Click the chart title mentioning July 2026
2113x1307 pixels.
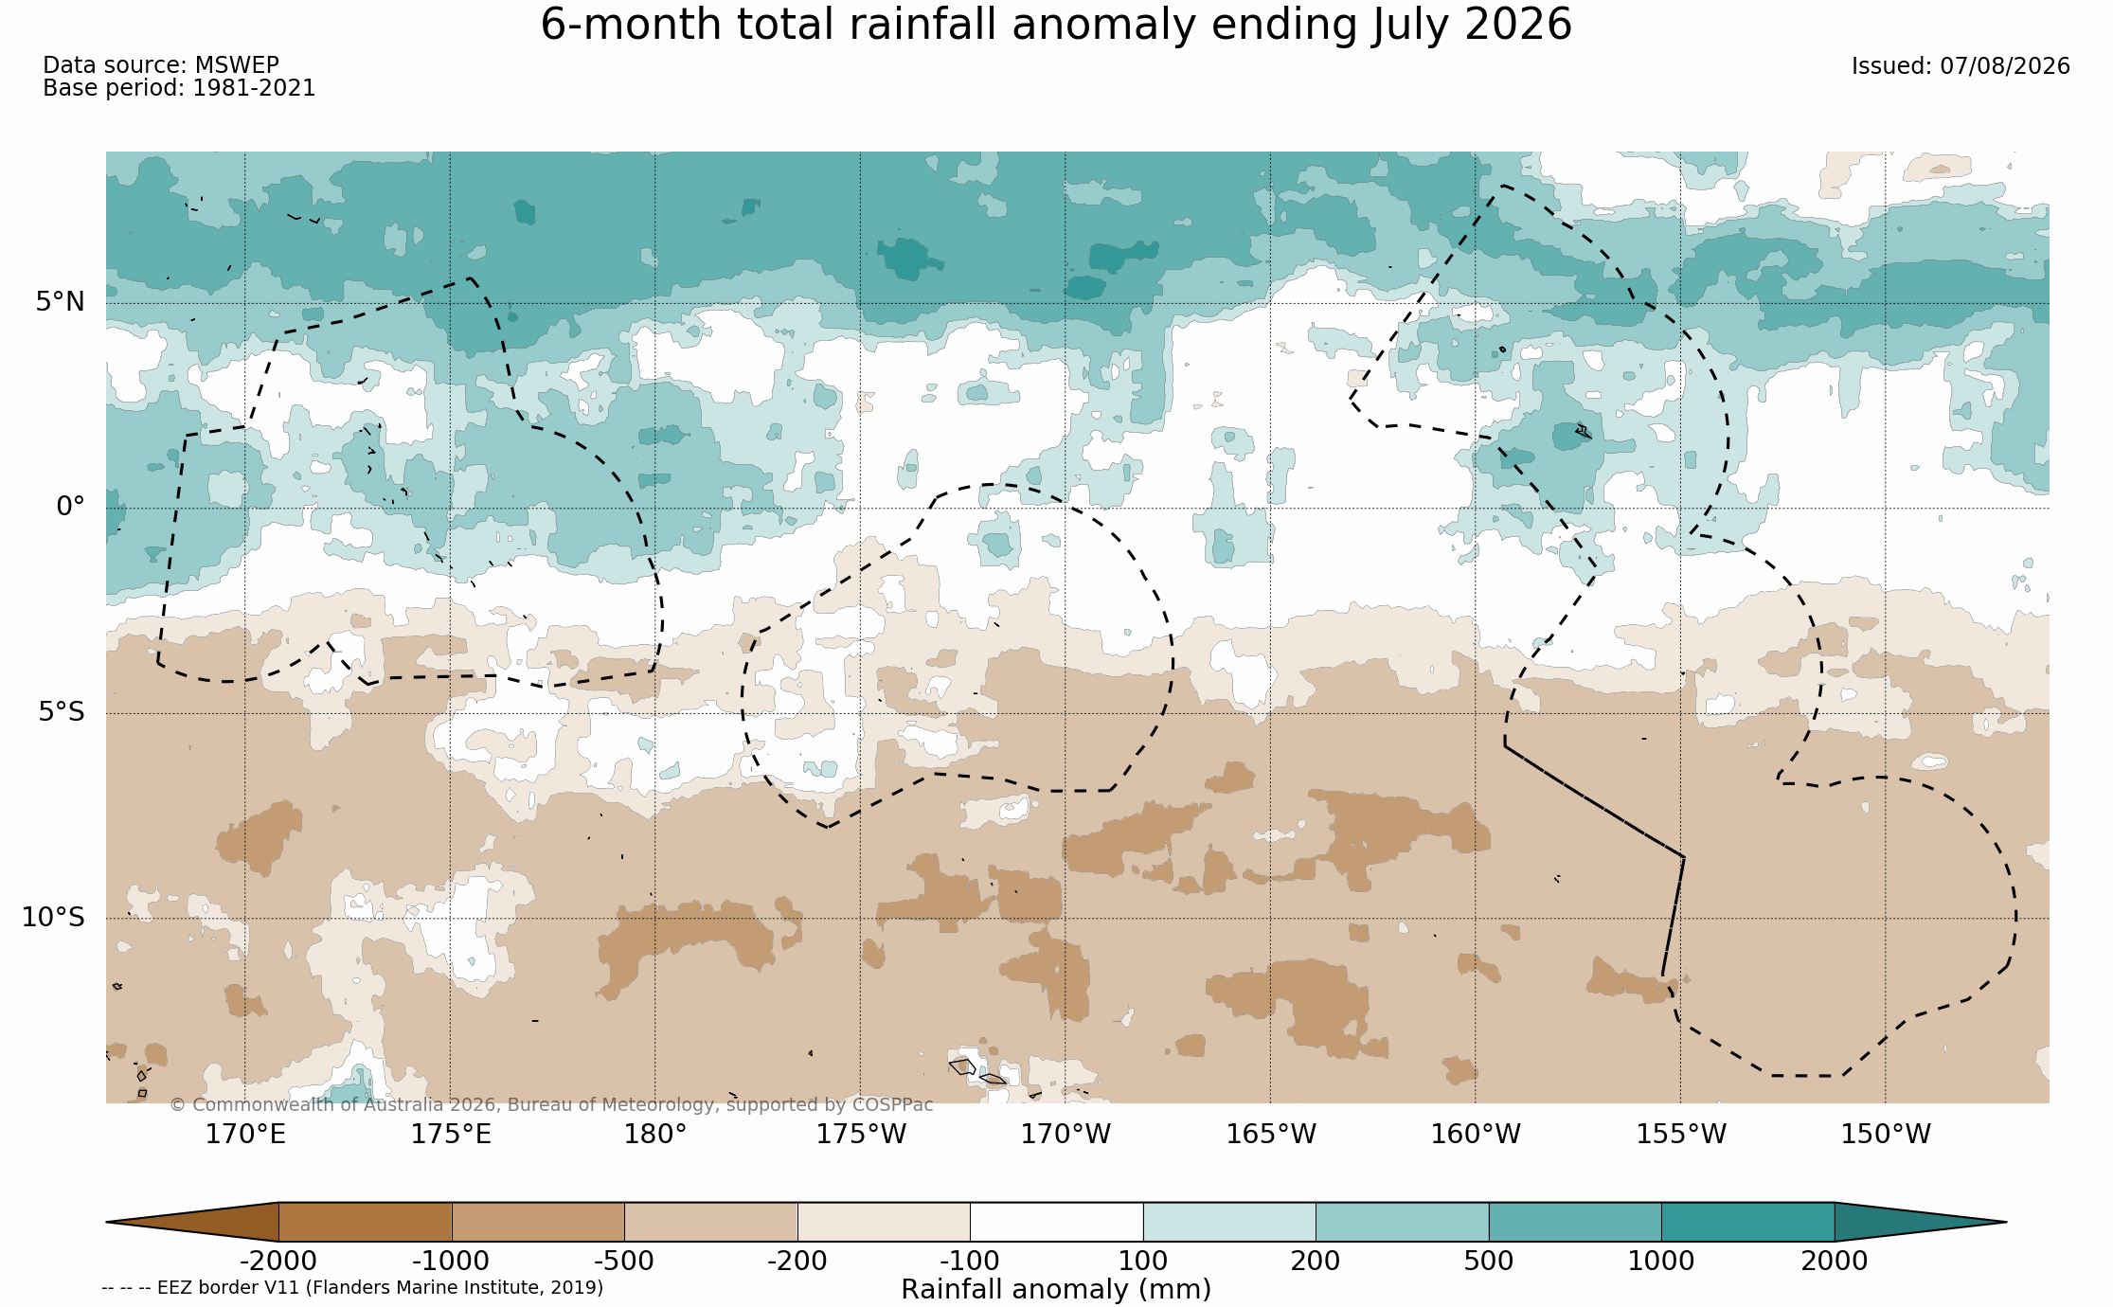pos(1056,25)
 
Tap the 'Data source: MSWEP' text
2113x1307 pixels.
pos(161,65)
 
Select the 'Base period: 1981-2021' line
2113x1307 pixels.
pos(179,88)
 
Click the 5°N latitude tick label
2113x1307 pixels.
pos(61,302)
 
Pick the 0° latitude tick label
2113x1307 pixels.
pos(70,507)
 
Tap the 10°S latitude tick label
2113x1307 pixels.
pos(53,917)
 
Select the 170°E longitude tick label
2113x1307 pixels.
pos(245,1134)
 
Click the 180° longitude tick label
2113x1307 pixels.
pos(654,1134)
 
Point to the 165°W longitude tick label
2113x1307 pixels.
pos(1271,1134)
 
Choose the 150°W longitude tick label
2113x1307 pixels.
pos(1886,1134)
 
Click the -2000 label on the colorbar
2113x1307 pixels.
pos(278,1262)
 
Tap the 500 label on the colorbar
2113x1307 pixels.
pos(1489,1262)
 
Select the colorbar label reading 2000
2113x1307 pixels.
pos(1835,1262)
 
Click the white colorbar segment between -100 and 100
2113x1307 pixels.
pos(1056,1222)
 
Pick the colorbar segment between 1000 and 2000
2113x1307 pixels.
pos(1747,1222)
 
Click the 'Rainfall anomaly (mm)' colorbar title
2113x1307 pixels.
pos(1056,1290)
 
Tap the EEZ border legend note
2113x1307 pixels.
pos(352,1288)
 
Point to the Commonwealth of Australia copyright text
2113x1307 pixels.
pos(551,1105)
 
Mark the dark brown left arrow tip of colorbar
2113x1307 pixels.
pos(107,1222)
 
